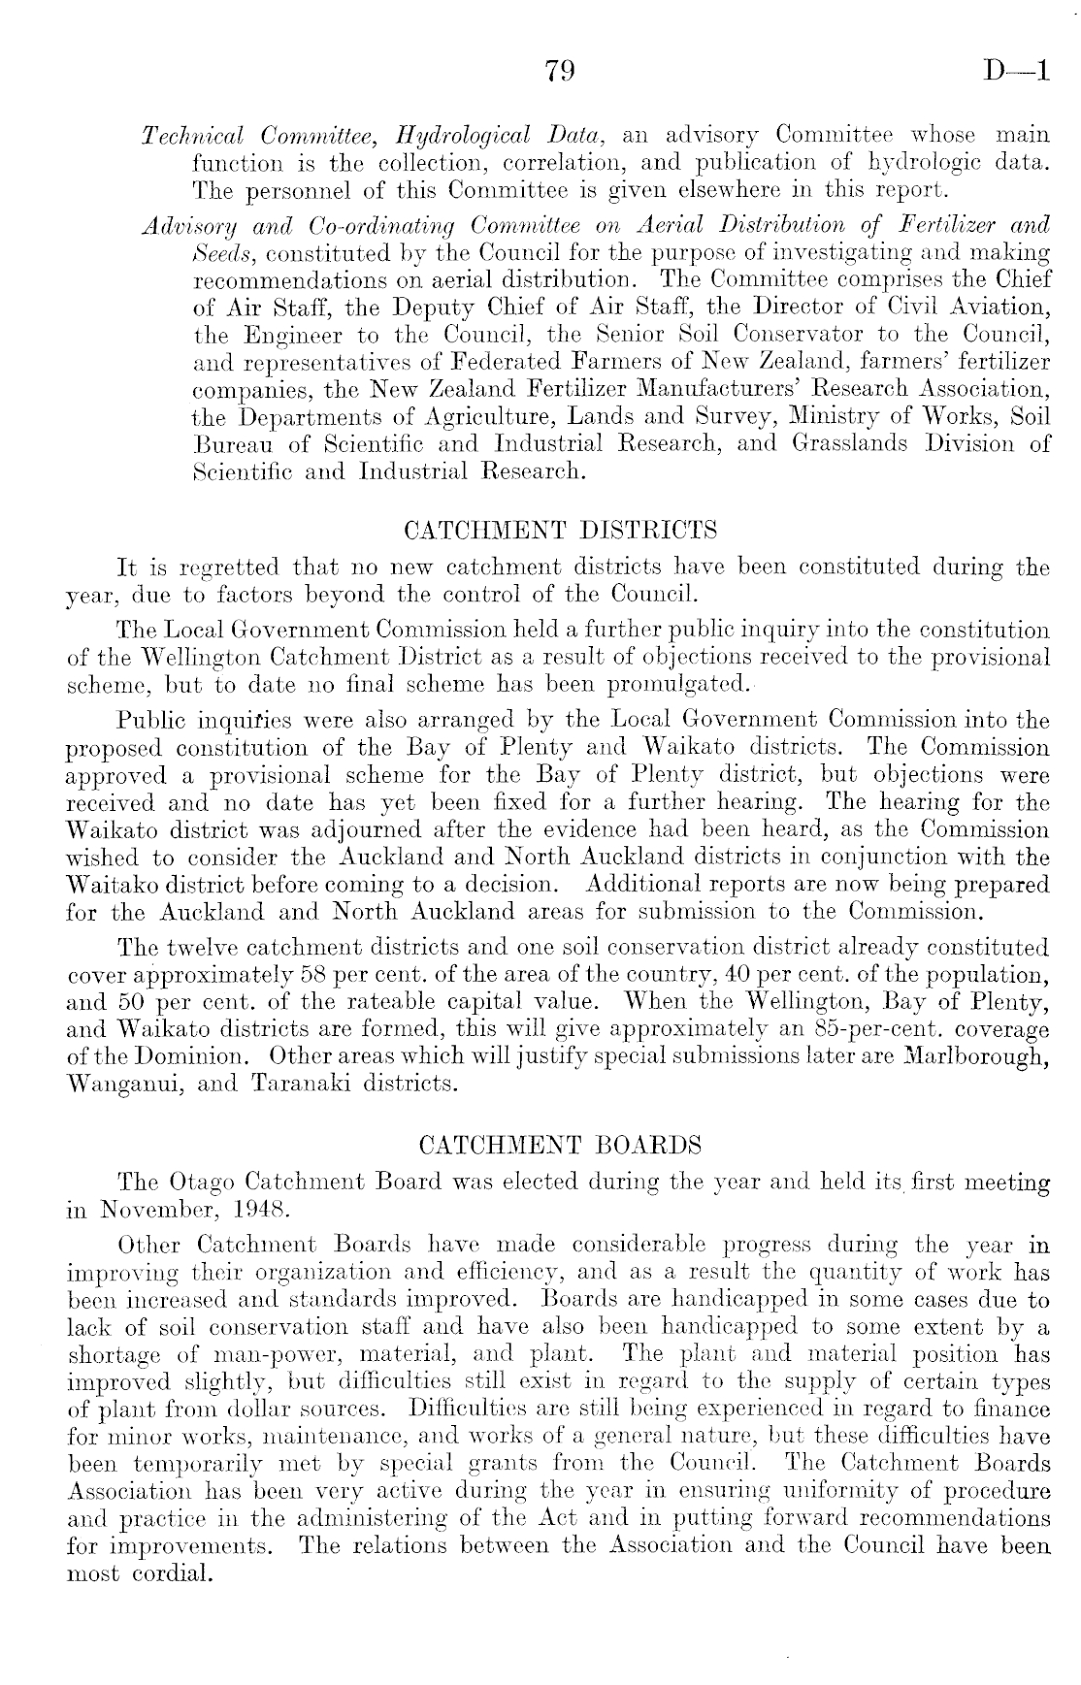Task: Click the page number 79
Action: coord(561,72)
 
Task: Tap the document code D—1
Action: coord(1016,72)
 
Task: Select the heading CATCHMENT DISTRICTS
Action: coord(560,531)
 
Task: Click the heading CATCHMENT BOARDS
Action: coord(560,1146)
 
